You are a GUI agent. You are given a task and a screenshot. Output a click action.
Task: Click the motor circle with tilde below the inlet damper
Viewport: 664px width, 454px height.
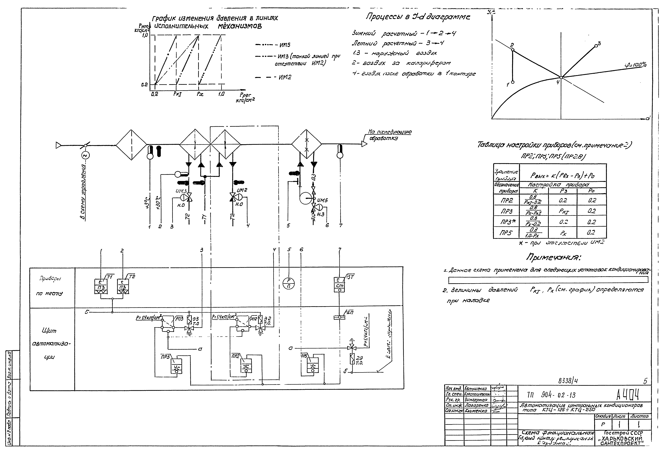coord(85,155)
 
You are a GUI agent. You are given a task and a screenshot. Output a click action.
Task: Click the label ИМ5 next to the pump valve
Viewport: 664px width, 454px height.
coord(322,200)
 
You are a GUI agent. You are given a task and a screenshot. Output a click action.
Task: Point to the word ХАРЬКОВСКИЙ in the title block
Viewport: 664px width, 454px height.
coord(624,439)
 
